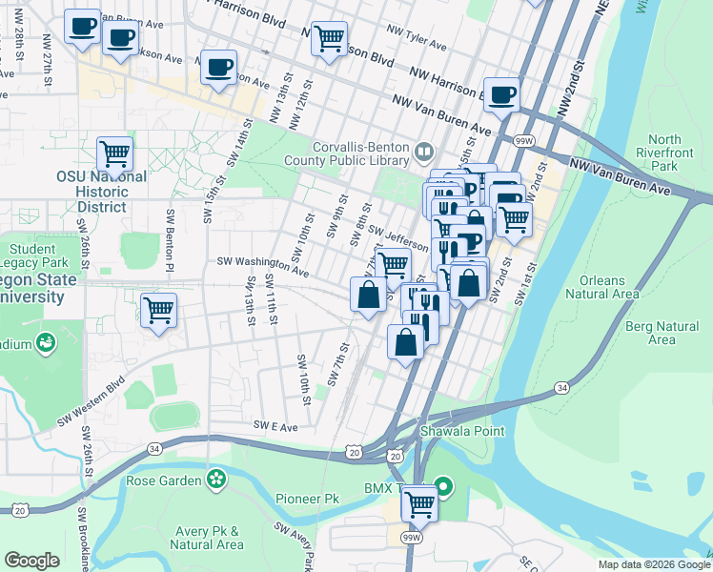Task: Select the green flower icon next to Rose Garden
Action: pyautogui.click(x=217, y=479)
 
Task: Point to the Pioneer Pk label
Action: pyautogui.click(x=307, y=499)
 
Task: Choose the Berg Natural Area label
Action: pyautogui.click(x=662, y=332)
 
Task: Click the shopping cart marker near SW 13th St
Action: pyautogui.click(x=158, y=309)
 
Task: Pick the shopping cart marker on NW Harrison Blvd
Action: pyautogui.click(x=329, y=38)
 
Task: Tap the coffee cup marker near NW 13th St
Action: pyautogui.click(x=219, y=67)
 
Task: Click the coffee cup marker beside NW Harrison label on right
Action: pyautogui.click(x=501, y=93)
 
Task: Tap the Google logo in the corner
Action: pyautogui.click(x=31, y=561)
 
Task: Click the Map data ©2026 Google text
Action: pyautogui.click(x=653, y=564)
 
